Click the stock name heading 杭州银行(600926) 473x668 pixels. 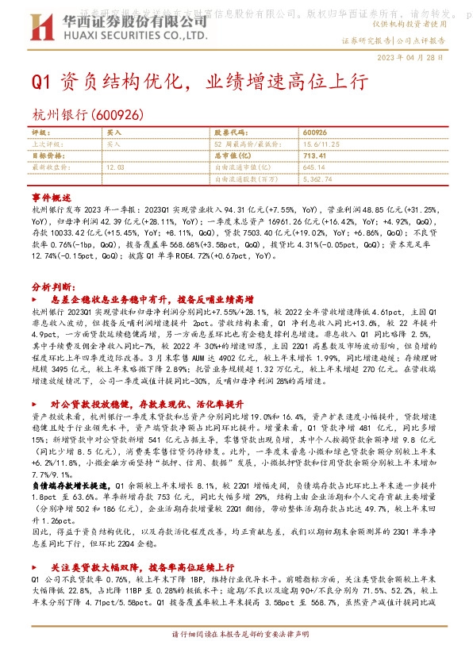point(87,114)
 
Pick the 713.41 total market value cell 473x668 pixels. point(315,156)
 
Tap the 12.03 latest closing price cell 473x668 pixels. point(116,167)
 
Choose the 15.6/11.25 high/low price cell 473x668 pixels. point(321,145)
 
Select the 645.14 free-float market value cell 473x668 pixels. point(314,167)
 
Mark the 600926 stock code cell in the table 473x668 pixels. point(315,133)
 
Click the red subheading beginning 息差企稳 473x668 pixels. point(151,300)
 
